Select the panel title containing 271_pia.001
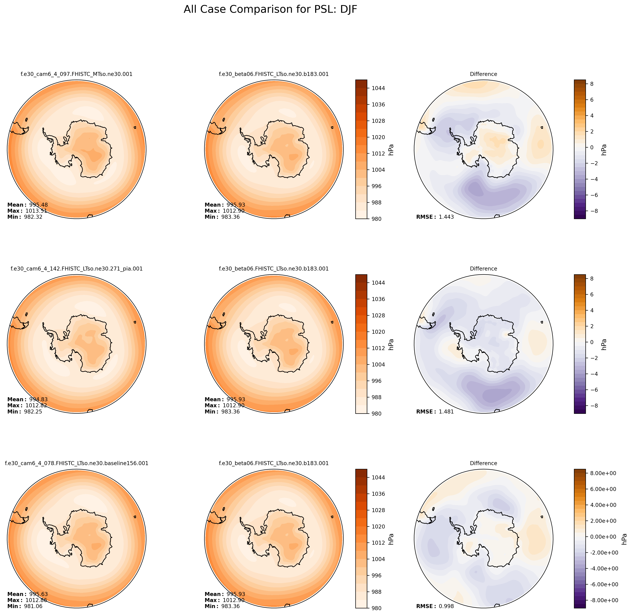coord(76,269)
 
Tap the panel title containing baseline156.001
coord(76,463)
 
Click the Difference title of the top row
coord(483,74)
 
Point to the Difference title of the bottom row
coord(483,463)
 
